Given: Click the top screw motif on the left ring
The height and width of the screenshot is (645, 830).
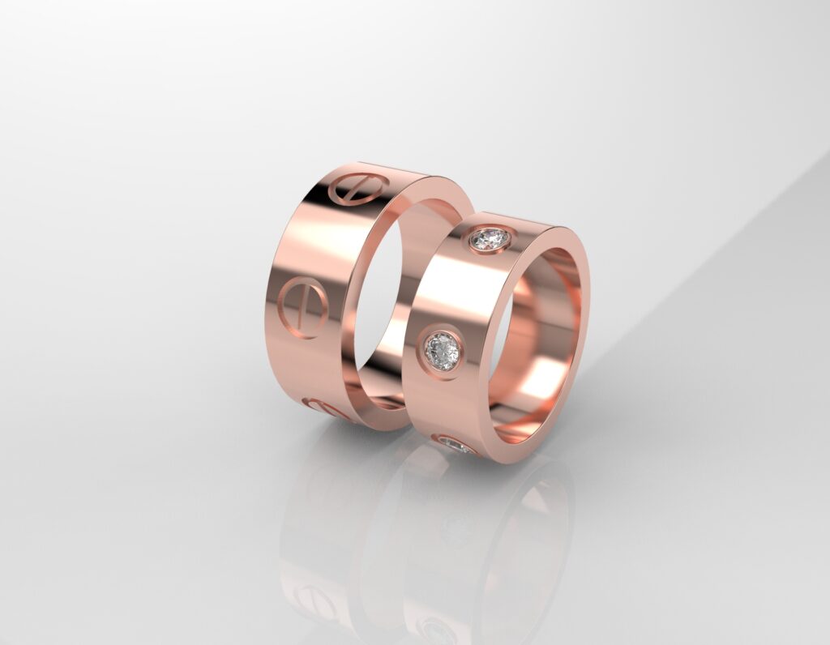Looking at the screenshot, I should click(x=355, y=188).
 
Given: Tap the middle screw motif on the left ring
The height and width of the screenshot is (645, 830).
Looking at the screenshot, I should click(x=302, y=307).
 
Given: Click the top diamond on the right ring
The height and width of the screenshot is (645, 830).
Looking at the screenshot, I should click(x=490, y=240).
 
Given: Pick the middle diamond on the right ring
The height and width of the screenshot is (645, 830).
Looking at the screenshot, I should click(x=443, y=351).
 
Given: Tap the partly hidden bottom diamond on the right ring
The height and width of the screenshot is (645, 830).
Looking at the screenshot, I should click(x=455, y=445).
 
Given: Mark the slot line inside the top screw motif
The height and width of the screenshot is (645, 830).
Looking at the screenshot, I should click(x=355, y=188).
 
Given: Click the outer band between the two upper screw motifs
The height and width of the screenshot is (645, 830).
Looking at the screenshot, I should click(x=320, y=243).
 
